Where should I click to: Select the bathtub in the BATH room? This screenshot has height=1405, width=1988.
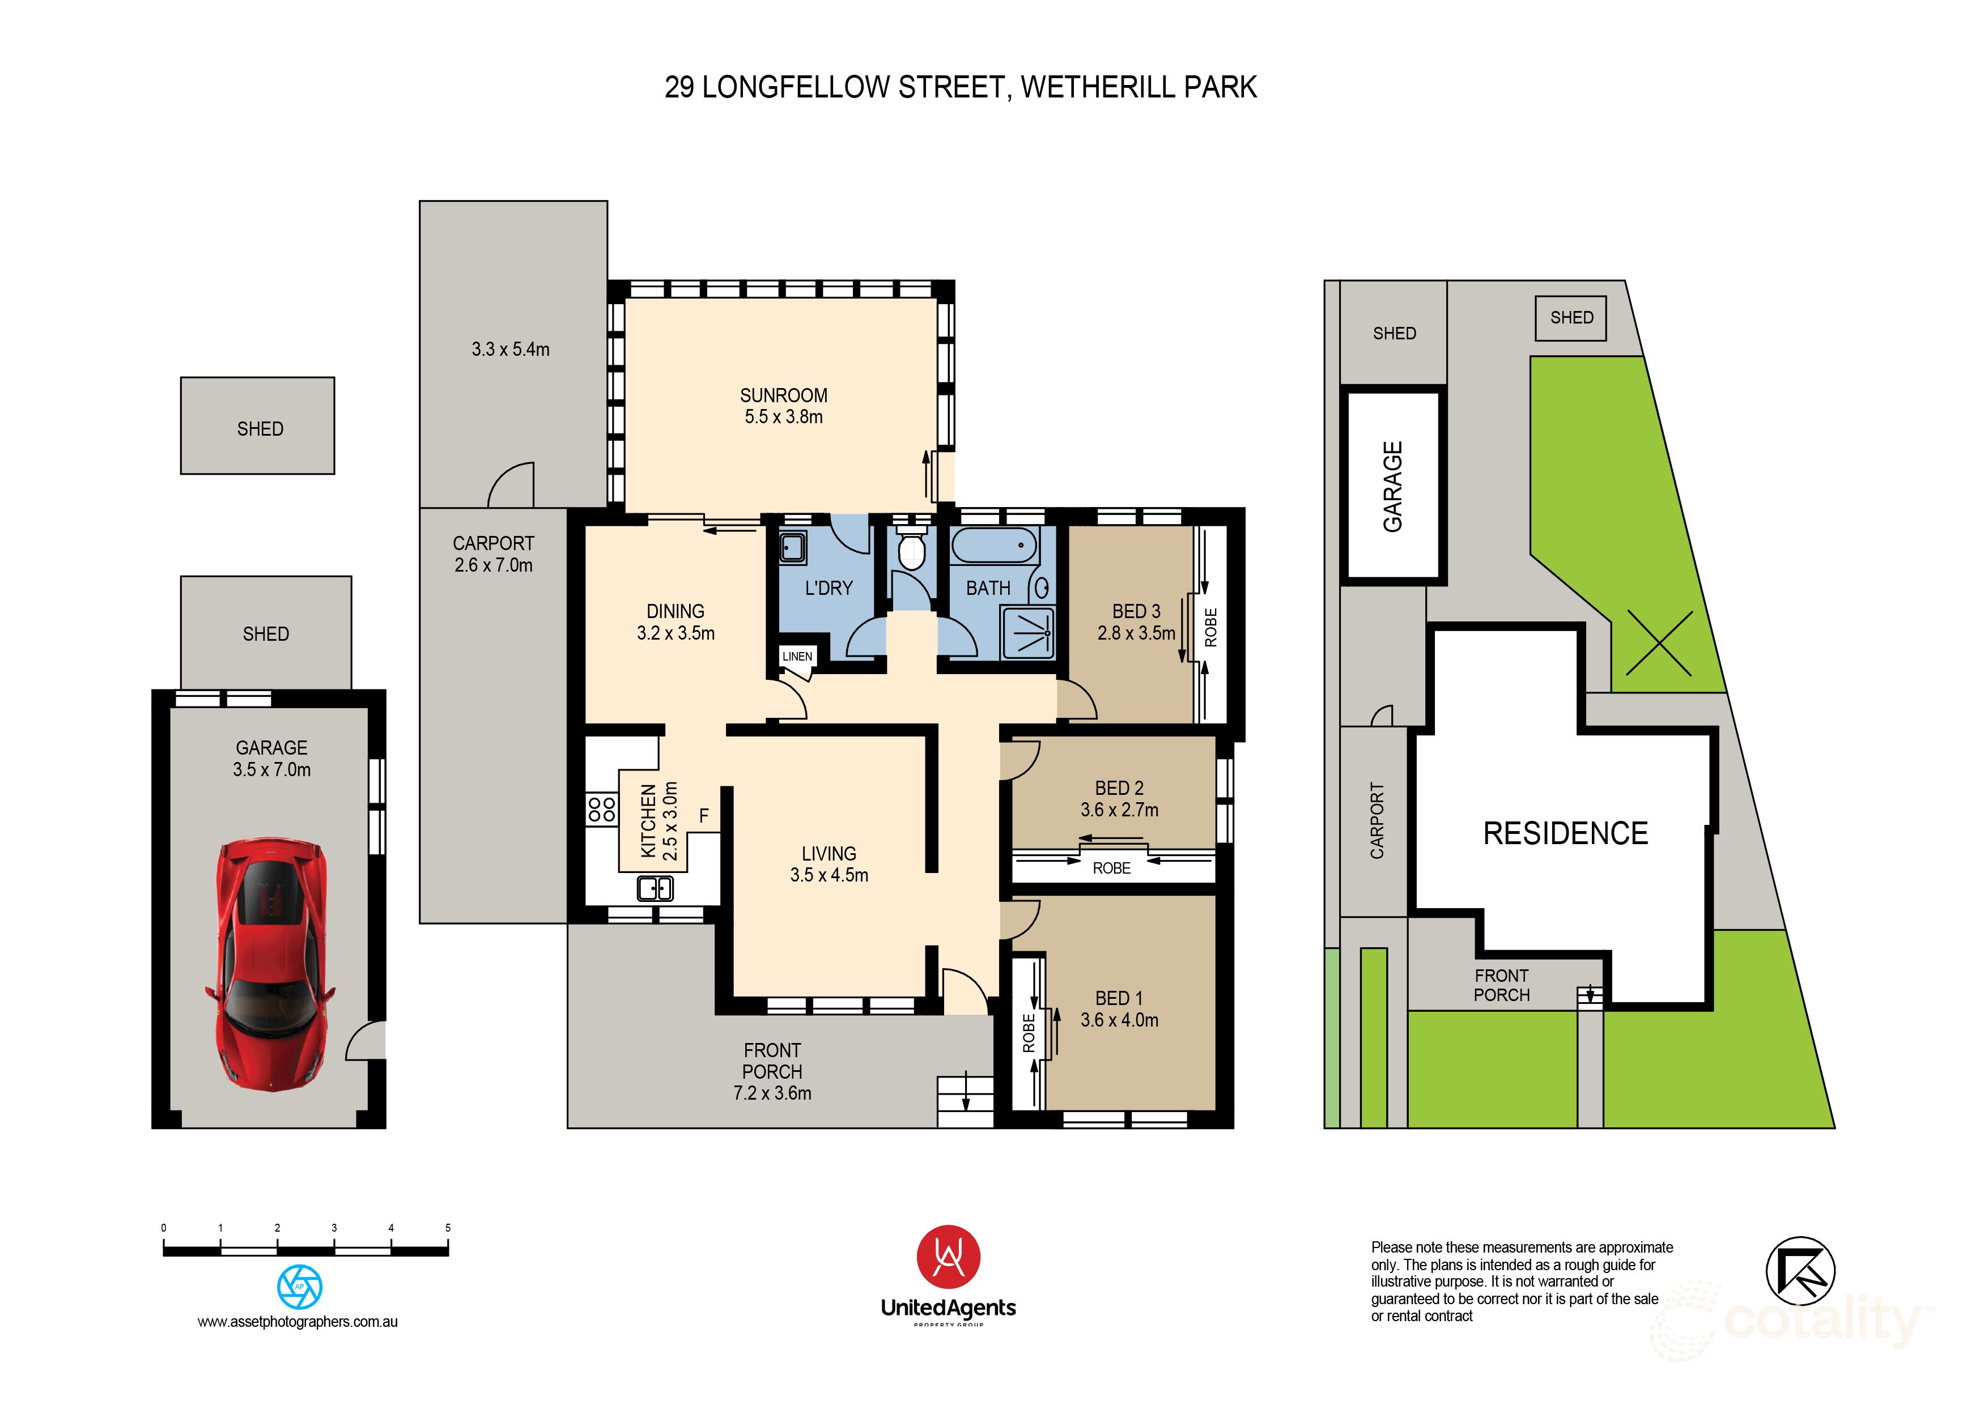[x=994, y=546]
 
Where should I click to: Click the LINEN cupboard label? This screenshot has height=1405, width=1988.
[x=797, y=656]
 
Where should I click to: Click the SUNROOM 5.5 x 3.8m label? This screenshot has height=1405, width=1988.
[x=784, y=406]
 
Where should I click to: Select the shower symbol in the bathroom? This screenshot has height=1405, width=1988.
[x=1028, y=633]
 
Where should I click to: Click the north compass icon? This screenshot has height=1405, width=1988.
[x=1800, y=1271]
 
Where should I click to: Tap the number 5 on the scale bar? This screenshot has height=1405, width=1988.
[x=448, y=1228]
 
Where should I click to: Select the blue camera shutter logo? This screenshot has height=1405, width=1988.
[x=300, y=1287]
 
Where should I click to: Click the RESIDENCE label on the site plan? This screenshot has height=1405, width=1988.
[x=1565, y=833]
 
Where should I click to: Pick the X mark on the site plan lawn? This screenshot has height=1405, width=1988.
[x=1659, y=643]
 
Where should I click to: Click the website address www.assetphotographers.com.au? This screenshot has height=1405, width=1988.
[x=298, y=1322]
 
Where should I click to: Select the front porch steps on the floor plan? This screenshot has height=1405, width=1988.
[x=966, y=1101]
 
